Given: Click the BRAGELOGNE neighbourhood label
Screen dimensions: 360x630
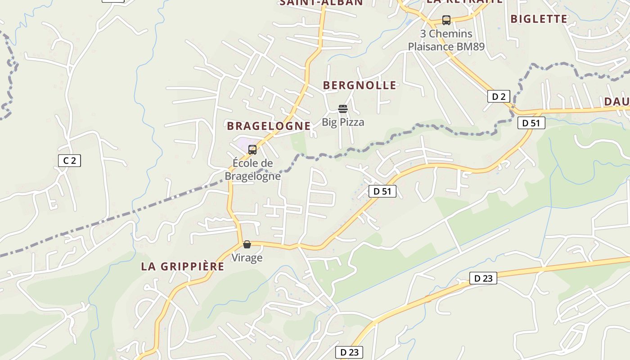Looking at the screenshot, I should [269, 126].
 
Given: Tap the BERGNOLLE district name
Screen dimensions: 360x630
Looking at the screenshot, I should [360, 85].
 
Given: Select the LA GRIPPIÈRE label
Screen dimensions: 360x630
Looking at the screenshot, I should [183, 266].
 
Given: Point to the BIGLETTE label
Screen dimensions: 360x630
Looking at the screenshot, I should [539, 19].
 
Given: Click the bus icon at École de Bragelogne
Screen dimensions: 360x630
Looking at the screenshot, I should [252, 150].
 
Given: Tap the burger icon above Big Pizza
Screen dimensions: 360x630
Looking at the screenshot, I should [343, 109].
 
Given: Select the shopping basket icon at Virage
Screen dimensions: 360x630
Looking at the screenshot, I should [247, 244].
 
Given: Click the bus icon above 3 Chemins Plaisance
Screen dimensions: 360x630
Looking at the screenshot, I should [446, 20].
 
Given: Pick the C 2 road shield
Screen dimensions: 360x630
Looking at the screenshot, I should [69, 160].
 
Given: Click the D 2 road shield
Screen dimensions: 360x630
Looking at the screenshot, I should [499, 96].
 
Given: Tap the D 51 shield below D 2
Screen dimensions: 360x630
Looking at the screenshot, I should [531, 123].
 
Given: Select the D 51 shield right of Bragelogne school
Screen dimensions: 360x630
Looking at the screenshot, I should [382, 191].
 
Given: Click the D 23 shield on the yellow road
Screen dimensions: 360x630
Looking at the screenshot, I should [483, 278].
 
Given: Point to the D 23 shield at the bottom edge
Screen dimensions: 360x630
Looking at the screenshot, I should [349, 352].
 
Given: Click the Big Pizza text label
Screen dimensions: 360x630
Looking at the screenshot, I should [343, 122].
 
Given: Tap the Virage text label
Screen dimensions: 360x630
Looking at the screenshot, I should [247, 258].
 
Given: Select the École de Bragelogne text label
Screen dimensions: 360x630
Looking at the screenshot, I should [252, 169].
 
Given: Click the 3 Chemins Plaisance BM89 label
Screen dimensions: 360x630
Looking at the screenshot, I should [446, 40].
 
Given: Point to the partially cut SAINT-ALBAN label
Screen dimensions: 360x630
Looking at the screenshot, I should [321, 3].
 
